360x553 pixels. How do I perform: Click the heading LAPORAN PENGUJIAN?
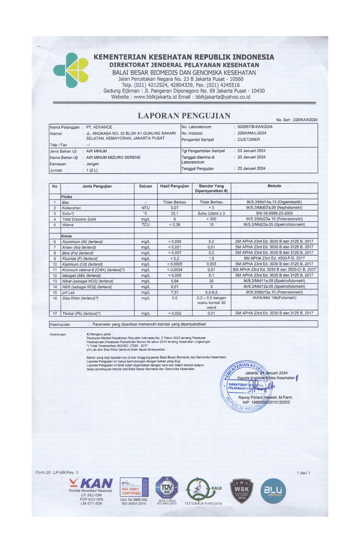tap(184, 116)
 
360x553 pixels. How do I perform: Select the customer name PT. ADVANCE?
tap(99, 127)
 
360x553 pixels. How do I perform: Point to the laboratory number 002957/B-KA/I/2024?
tap(255, 127)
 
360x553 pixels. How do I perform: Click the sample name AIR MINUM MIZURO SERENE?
tap(113, 157)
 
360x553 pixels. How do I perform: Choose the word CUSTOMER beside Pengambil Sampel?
tap(249, 140)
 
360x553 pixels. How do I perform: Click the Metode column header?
tap(274, 186)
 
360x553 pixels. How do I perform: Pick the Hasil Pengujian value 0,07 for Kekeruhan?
tap(175, 208)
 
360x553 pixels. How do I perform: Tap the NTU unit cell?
tap(146, 208)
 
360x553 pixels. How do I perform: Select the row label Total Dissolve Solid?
tap(79, 219)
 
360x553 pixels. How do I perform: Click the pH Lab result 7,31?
tap(175, 292)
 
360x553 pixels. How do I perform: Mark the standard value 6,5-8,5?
tap(211, 292)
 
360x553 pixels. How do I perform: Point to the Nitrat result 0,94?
tap(175, 281)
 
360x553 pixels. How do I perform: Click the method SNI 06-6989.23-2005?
tap(274, 213)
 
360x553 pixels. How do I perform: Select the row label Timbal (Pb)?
tap(81, 313)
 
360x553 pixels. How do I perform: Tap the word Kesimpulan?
tap(60, 324)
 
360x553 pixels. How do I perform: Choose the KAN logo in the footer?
tap(91, 484)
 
